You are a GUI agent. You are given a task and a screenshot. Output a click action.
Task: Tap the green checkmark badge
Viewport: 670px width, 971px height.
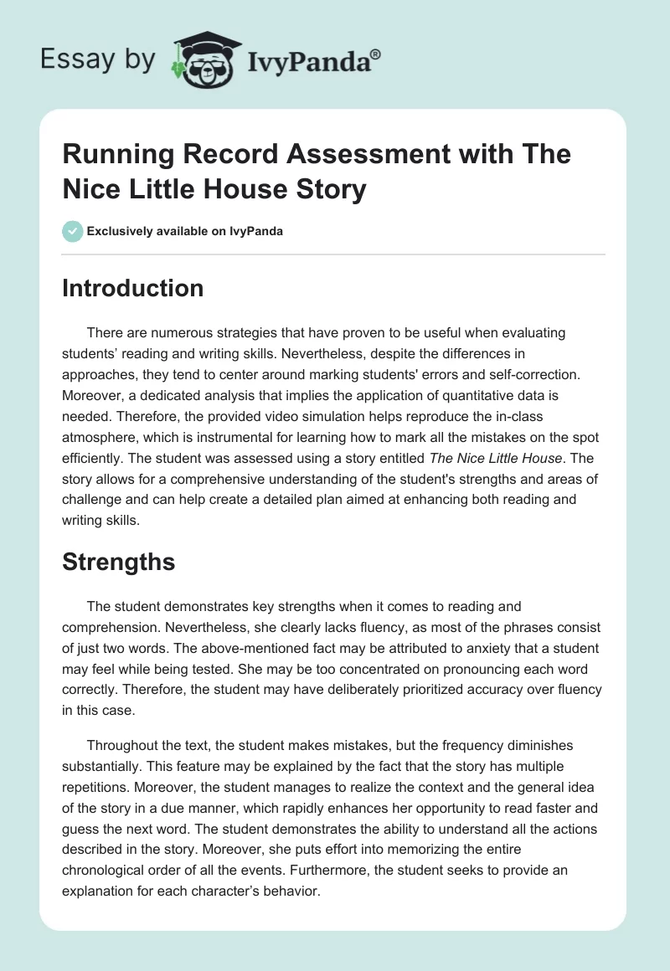click(x=72, y=231)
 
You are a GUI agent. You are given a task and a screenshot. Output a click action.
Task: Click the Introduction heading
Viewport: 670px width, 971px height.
click(x=133, y=288)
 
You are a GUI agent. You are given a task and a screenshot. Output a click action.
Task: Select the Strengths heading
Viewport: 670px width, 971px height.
click(x=118, y=562)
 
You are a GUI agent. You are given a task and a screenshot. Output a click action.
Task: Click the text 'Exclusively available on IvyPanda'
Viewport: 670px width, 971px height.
click(x=185, y=231)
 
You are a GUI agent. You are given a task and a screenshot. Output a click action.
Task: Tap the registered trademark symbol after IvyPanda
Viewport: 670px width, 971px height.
click(x=376, y=53)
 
